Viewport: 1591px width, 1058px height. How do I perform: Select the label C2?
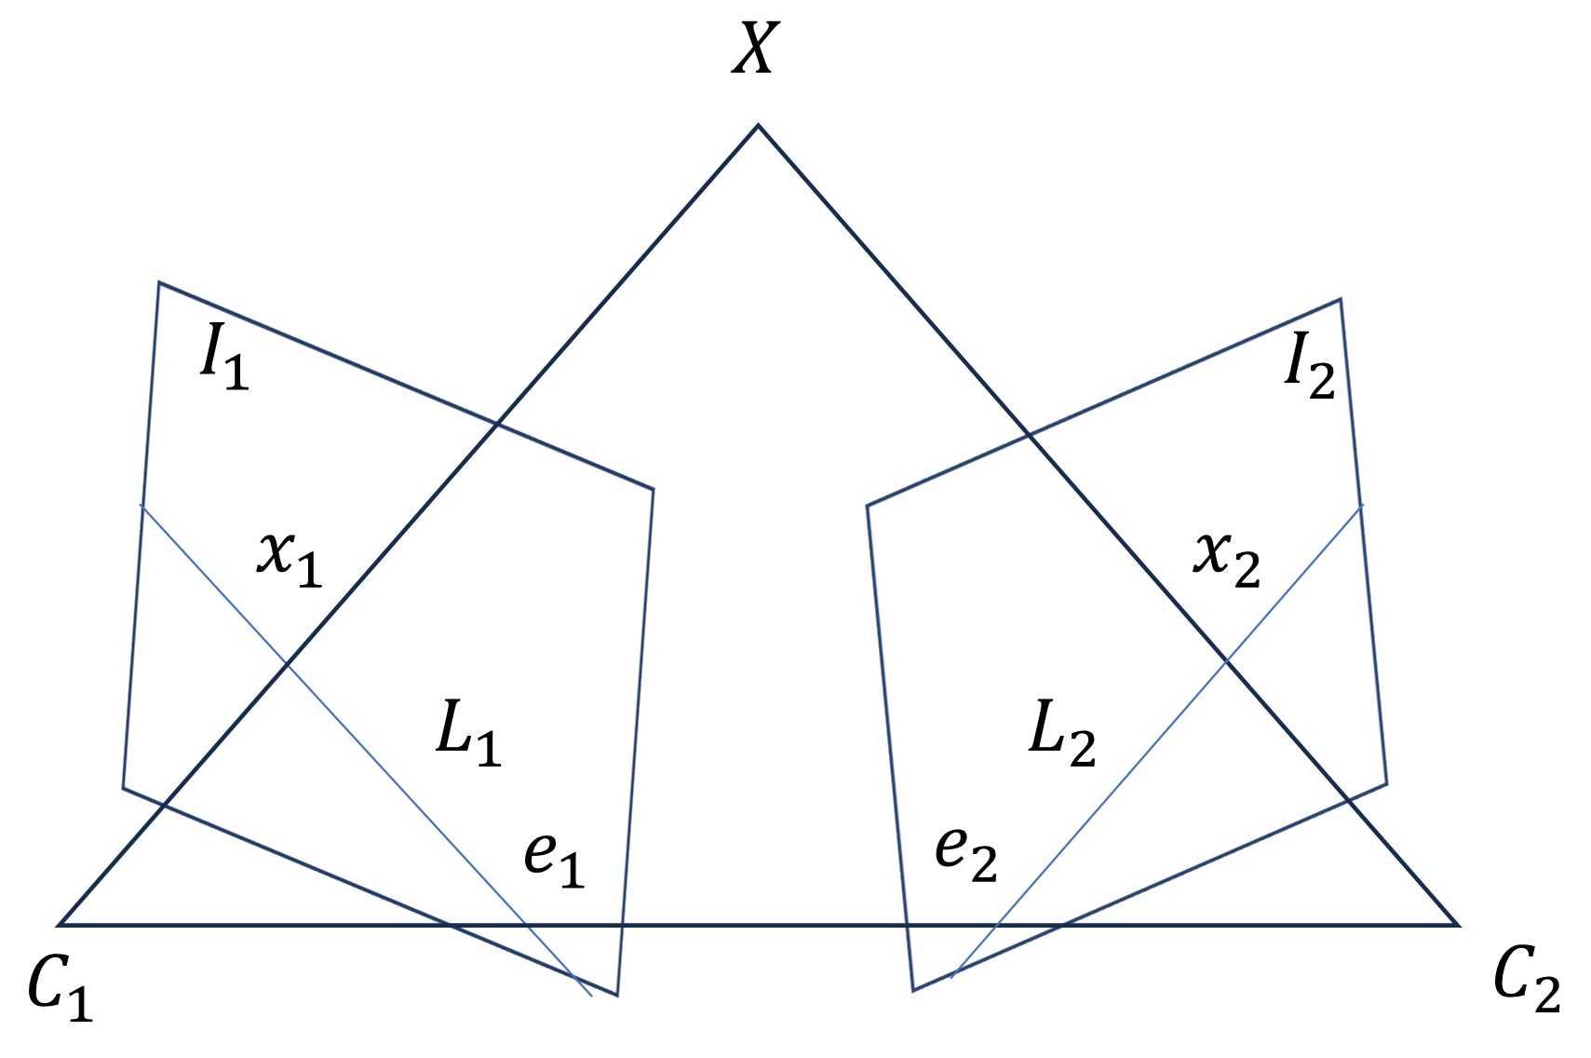click(x=1527, y=983)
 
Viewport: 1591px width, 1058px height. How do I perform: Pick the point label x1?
click(x=290, y=560)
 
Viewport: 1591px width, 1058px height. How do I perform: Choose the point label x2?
click(x=1227, y=560)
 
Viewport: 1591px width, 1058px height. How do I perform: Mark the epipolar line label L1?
click(x=468, y=736)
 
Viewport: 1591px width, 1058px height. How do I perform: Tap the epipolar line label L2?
click(x=1061, y=736)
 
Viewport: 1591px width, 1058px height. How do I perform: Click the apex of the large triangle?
click(x=758, y=125)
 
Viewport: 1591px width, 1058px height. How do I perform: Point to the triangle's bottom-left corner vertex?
click(x=61, y=925)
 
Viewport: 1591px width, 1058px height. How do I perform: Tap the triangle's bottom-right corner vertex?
click(x=1457, y=925)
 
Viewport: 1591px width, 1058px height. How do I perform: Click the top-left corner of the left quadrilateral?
click(x=159, y=282)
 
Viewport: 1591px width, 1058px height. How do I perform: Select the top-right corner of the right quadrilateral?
click(x=1340, y=300)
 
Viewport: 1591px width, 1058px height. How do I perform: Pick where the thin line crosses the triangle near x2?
click(x=1227, y=660)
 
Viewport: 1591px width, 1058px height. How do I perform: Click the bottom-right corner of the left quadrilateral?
click(x=617, y=995)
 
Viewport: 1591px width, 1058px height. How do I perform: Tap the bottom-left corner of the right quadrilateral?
click(x=913, y=990)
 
